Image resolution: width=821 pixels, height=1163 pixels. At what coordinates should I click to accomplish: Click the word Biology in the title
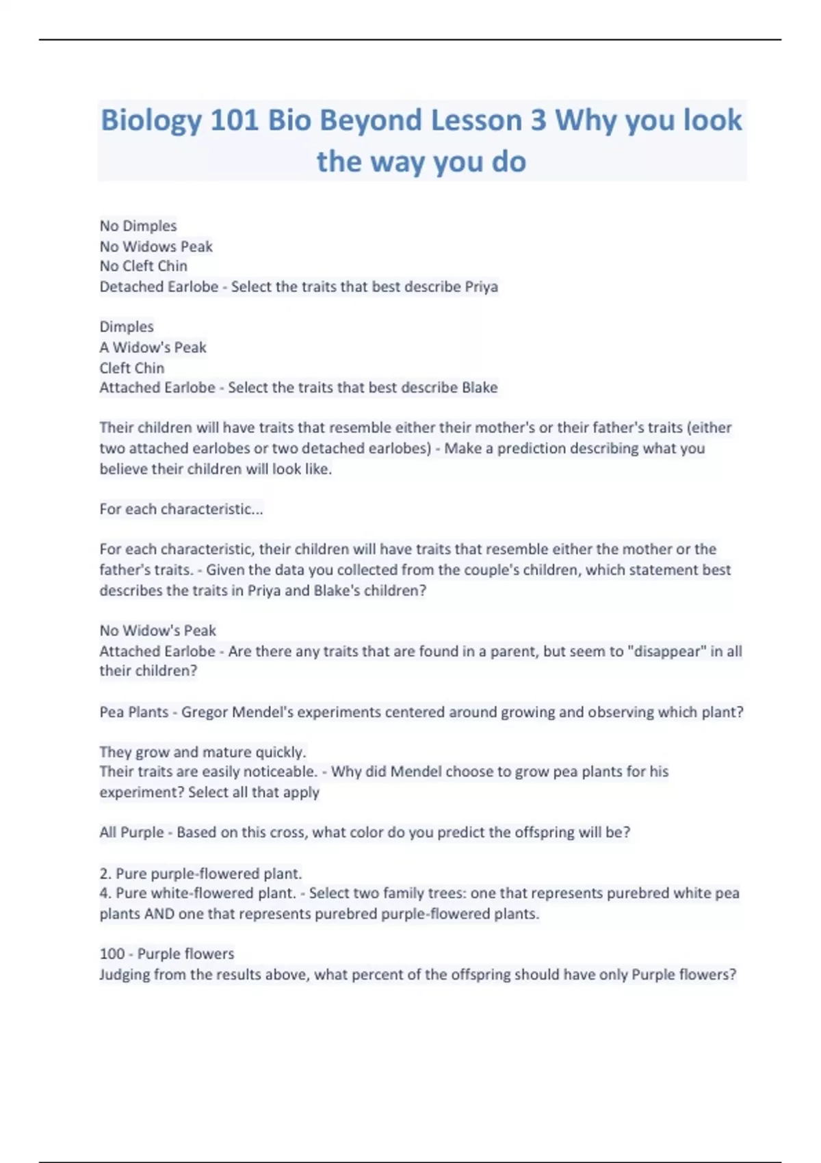coord(151,121)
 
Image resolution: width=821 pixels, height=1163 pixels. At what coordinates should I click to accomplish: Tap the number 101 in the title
coord(234,121)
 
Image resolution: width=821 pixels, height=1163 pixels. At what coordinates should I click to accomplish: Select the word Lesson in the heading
coord(465,121)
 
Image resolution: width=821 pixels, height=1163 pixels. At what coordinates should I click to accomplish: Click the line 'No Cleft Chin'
coord(143,266)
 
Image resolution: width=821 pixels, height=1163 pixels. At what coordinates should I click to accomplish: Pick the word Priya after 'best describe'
coord(481,287)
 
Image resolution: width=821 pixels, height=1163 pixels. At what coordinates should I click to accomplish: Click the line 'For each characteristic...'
coord(181,509)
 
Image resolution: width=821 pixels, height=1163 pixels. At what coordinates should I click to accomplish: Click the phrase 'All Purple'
coord(131,833)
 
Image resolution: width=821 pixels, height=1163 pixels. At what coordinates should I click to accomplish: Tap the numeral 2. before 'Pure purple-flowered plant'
coord(105,874)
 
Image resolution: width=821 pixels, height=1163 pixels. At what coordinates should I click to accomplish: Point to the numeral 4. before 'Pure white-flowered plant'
coord(105,893)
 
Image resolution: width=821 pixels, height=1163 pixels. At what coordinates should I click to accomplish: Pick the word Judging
coord(124,974)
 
